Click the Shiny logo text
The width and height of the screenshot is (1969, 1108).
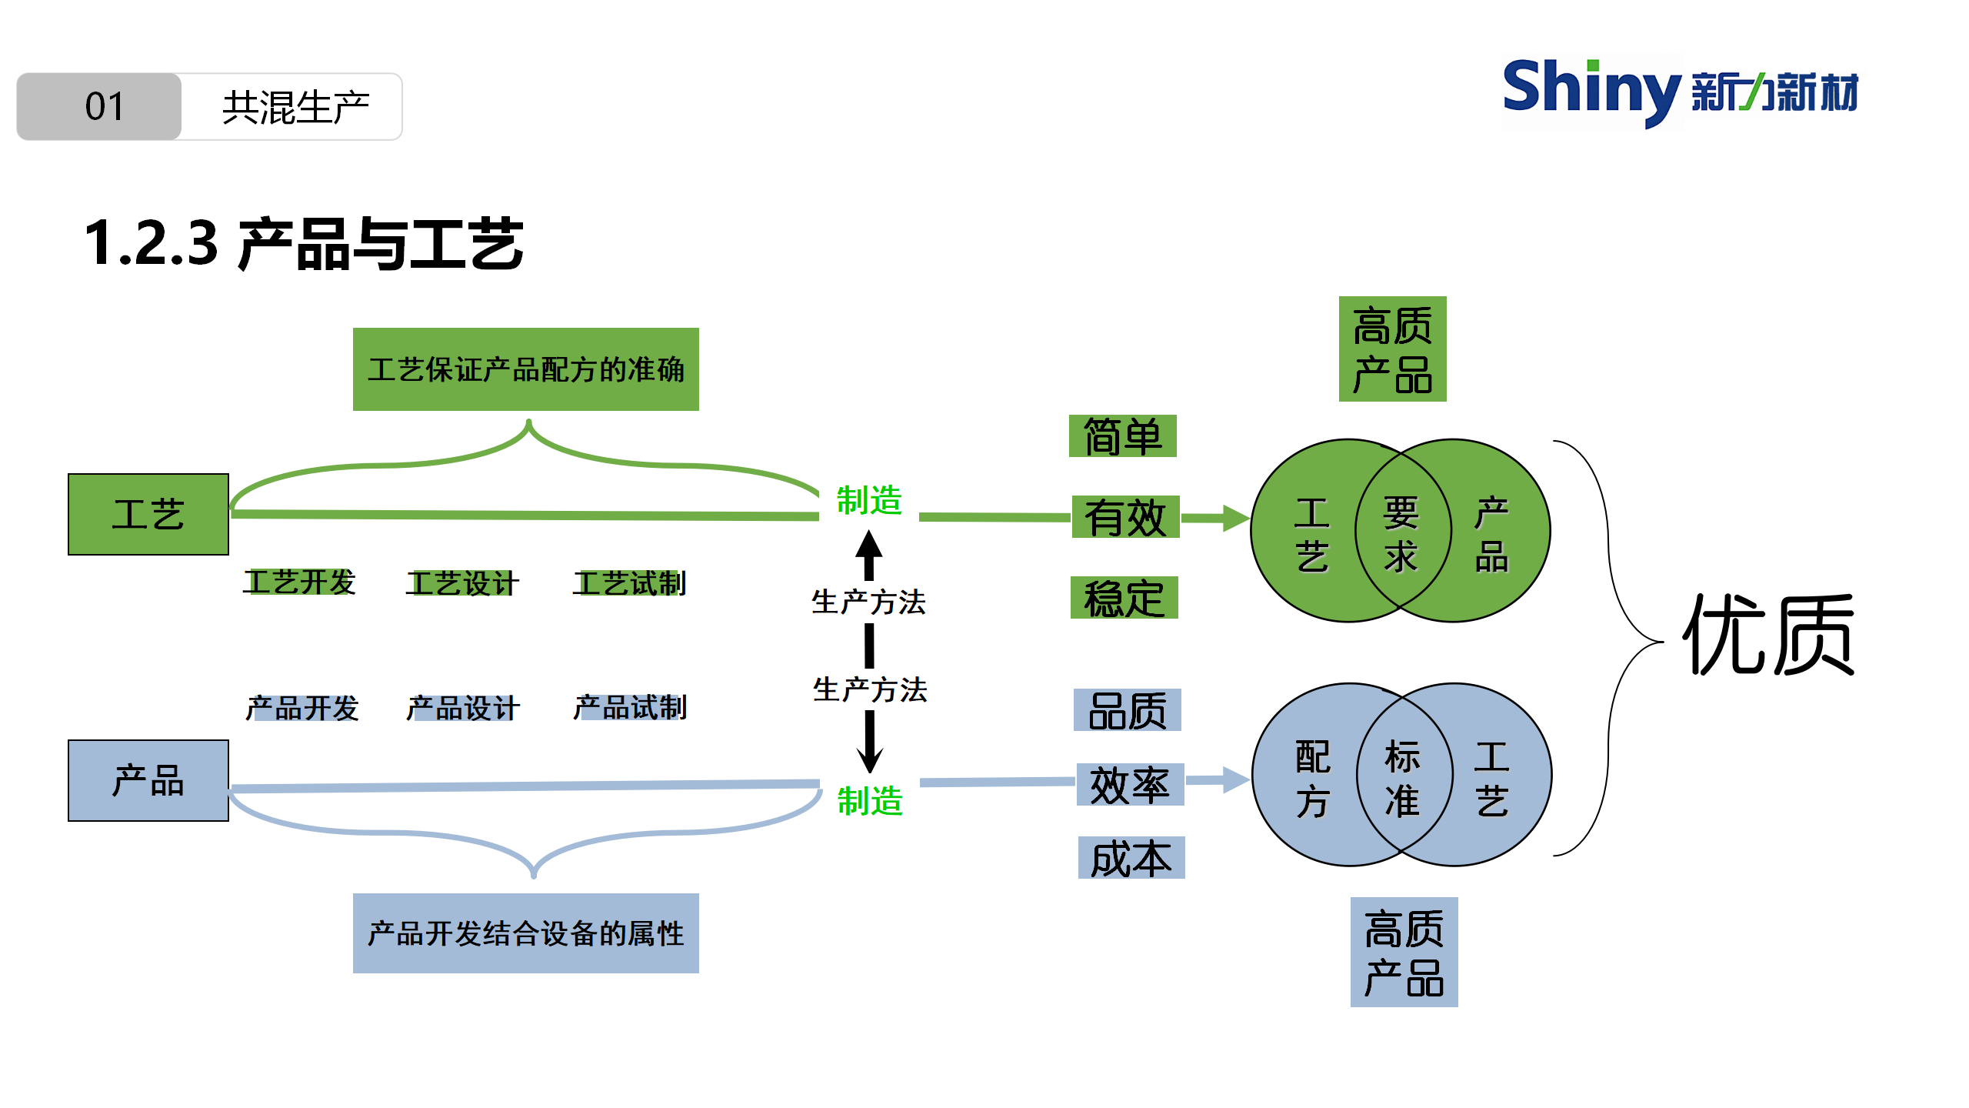pos(1591,91)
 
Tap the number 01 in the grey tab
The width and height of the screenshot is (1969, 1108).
pos(104,107)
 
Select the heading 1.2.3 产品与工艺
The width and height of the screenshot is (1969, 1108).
pos(304,244)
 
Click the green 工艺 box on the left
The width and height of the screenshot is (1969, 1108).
pos(148,514)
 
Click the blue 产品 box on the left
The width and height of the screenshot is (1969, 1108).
pos(148,780)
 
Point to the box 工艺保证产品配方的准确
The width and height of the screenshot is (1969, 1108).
pos(525,369)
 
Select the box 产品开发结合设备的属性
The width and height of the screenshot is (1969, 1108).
pos(525,933)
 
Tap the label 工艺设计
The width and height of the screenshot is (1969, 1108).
pos(462,583)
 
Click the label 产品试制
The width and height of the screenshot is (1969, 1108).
pos(630,707)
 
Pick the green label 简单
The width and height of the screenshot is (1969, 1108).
pos(1122,436)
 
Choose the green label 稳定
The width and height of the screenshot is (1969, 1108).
pos(1124,598)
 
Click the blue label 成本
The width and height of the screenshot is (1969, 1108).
pos(1131,858)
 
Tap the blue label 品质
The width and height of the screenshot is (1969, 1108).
pos(1128,710)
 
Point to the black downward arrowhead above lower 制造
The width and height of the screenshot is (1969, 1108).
pos(869,759)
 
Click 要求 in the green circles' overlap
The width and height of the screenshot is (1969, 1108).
pos(1401,534)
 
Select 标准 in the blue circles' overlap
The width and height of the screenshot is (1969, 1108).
pos(1402,778)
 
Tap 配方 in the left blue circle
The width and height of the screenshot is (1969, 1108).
pos(1312,778)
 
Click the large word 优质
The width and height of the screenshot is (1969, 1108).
pos(1769,635)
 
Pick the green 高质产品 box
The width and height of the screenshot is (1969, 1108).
pos(1392,349)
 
